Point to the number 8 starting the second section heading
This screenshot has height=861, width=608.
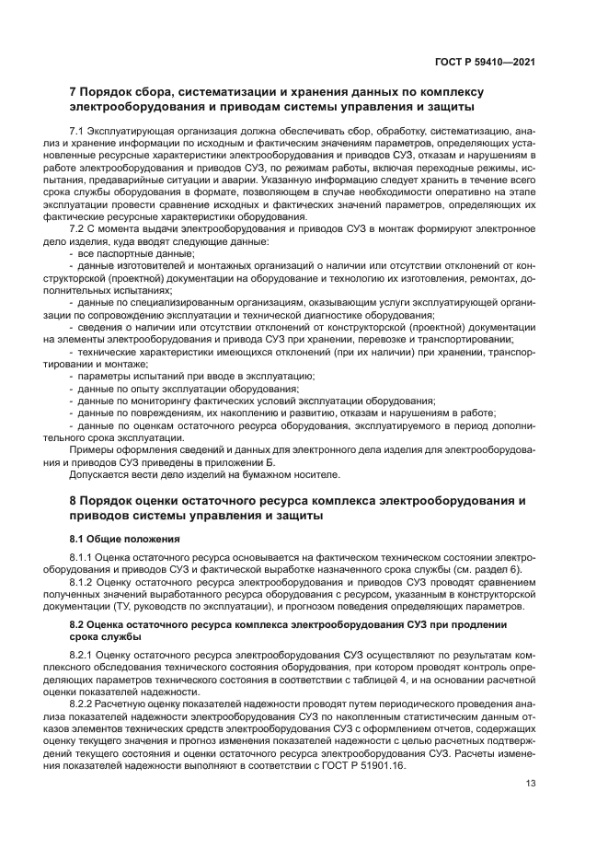click(75, 500)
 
